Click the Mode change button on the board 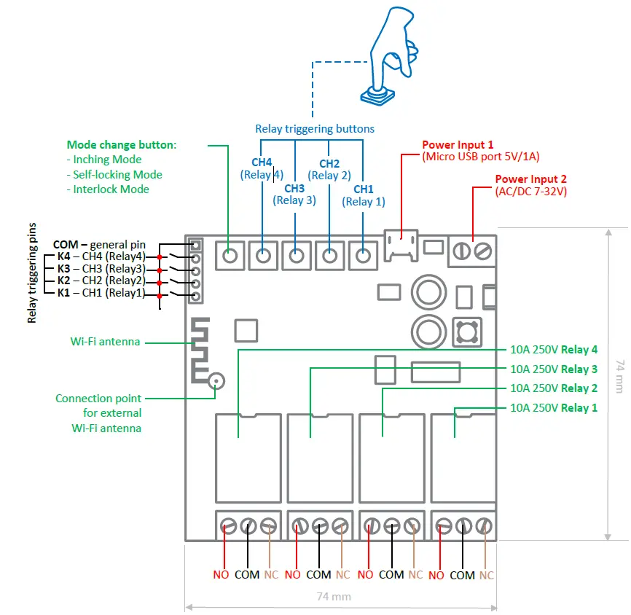coord(230,256)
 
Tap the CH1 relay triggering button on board coord(363,256)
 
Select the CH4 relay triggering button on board coord(263,256)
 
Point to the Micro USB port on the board coord(401,245)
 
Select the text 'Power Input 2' coord(530,179)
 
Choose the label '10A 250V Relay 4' coord(554,349)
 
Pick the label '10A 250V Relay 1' coord(554,408)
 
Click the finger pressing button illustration coord(390,55)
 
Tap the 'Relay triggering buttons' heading coord(315,129)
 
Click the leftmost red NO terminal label coord(221,575)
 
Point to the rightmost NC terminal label coord(486,575)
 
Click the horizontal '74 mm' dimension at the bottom coord(334,596)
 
